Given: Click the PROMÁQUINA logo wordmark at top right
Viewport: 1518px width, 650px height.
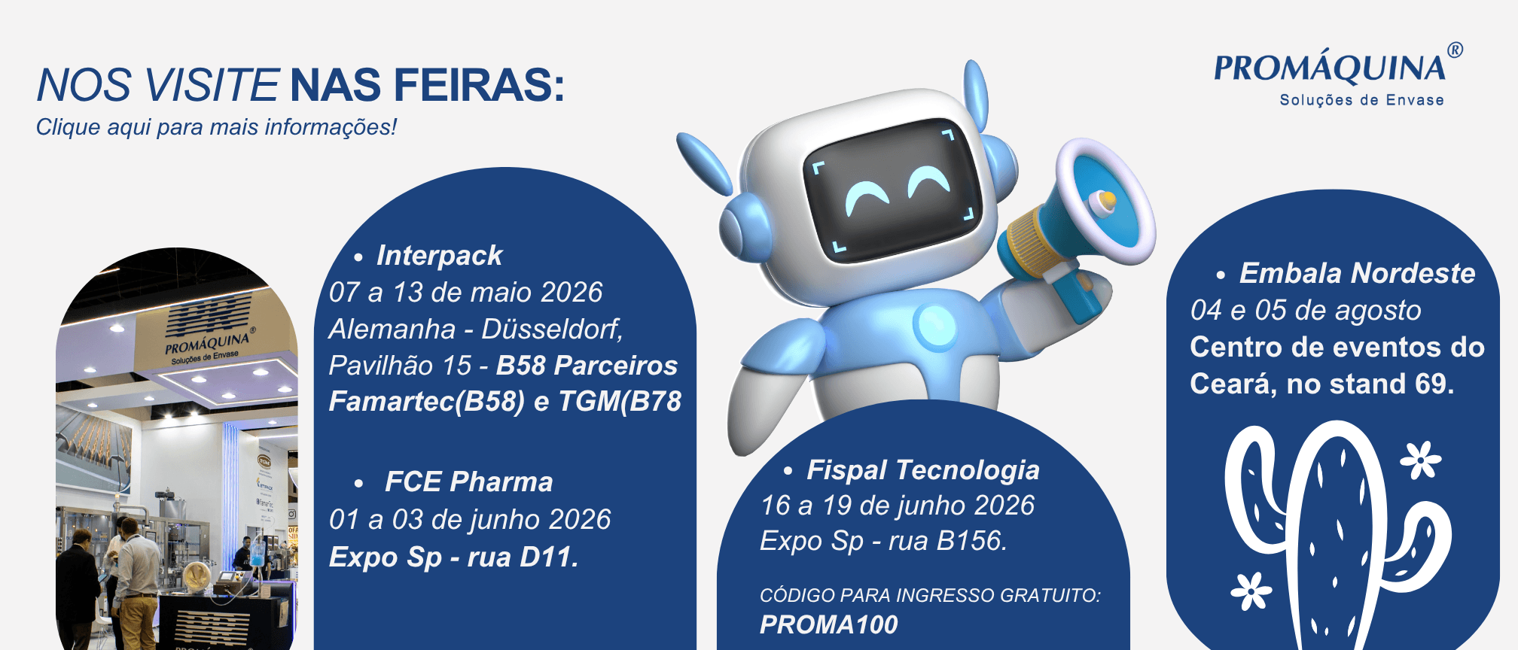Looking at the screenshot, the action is click(x=1330, y=68).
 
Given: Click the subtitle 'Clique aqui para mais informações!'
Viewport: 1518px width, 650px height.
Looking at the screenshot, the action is click(x=216, y=127).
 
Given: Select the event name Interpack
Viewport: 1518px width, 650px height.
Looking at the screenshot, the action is click(x=439, y=256).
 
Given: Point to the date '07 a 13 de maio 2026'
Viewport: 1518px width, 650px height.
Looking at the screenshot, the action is click(x=466, y=292).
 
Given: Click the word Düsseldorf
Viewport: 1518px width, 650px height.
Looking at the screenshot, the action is click(x=552, y=329).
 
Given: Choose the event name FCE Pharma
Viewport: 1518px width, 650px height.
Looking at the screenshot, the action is click(x=468, y=481).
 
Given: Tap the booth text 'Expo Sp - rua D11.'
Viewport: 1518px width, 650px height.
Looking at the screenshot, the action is click(x=454, y=557).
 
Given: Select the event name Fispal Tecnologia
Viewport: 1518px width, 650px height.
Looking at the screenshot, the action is click(x=922, y=470).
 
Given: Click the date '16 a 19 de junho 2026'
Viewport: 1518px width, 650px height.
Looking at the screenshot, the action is click(x=898, y=506).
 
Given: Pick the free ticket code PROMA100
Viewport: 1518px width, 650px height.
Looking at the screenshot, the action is click(x=828, y=624).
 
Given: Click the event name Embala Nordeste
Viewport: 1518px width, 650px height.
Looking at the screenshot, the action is click(x=1357, y=273).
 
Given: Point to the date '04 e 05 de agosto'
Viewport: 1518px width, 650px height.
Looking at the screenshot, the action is click(x=1306, y=310).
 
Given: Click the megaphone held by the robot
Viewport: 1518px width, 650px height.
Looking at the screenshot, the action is click(x=1077, y=222).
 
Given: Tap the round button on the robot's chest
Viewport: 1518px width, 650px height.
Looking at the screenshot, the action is click(x=935, y=329).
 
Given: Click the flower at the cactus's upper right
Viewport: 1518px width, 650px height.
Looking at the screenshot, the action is click(x=1420, y=460).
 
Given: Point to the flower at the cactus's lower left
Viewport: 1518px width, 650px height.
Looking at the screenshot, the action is click(x=1251, y=591).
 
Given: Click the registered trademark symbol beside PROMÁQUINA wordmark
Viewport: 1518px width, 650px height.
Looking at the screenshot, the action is click(x=1455, y=50).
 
